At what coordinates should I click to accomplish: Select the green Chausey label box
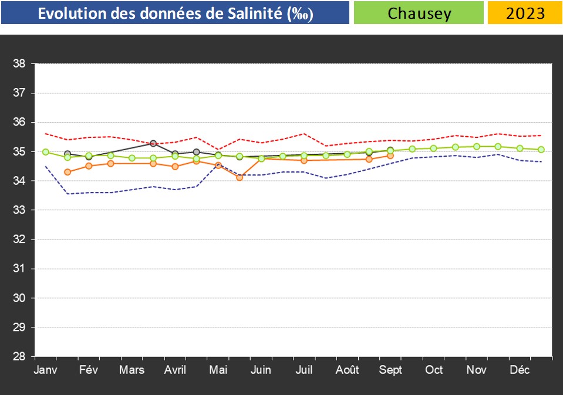[x=418, y=13]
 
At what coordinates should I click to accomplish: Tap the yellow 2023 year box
[x=524, y=13]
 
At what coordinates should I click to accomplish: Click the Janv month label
[x=45, y=370]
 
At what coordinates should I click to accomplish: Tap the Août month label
[x=348, y=370]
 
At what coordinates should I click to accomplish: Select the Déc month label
[x=520, y=370]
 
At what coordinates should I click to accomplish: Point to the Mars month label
[x=132, y=370]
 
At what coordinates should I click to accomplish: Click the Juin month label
[x=261, y=370]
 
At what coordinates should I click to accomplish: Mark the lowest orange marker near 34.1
[x=240, y=177]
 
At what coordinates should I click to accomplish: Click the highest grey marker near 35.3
[x=153, y=143]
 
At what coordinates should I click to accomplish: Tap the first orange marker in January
[x=68, y=172]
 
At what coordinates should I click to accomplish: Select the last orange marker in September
[x=390, y=156]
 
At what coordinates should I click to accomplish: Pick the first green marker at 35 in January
[x=46, y=152]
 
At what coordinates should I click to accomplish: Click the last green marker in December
[x=541, y=150]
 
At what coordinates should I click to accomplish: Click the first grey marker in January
[x=68, y=154]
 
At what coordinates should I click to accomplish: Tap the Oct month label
[x=434, y=370]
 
